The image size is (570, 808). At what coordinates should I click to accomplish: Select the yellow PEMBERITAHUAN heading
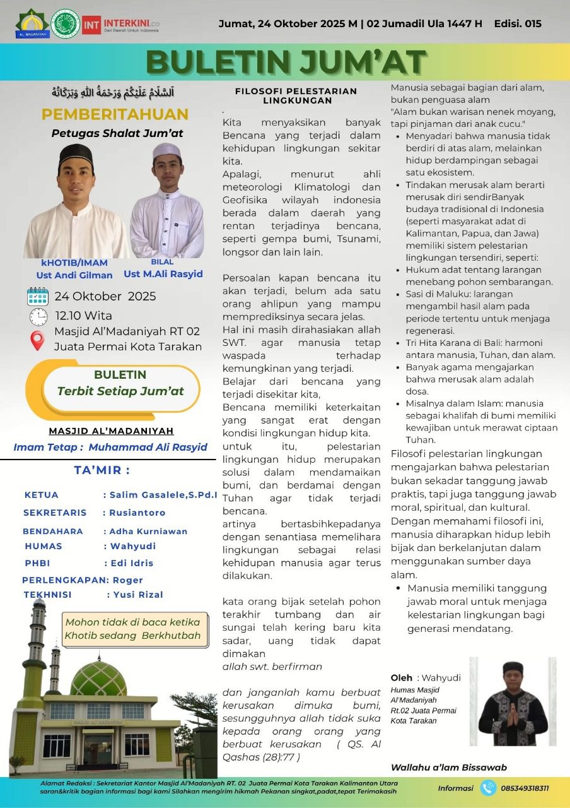point(115,114)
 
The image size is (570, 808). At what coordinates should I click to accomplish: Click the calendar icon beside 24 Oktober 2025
point(38,296)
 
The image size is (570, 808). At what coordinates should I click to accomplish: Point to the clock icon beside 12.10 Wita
point(38,316)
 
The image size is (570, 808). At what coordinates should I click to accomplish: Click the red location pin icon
point(38,341)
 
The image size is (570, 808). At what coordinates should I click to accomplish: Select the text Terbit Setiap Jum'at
point(120,391)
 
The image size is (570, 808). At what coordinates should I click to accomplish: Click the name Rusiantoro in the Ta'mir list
point(137,513)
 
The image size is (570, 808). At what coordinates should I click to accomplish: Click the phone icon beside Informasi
point(488,788)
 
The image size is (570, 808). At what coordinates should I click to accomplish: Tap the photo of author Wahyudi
point(513,701)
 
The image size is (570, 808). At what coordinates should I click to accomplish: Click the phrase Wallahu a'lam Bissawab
point(449,768)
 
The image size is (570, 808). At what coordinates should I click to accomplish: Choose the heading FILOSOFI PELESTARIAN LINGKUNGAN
point(296,95)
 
